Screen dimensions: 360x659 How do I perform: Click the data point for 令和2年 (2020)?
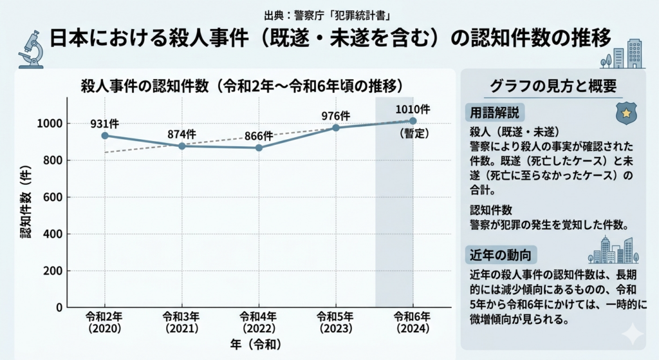[105, 135]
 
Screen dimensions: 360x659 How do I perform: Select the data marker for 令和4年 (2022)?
[259, 147]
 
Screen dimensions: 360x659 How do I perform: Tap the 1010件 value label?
[413, 109]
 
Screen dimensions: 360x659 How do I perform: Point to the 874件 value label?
[181, 134]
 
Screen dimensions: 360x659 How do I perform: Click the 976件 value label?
[336, 116]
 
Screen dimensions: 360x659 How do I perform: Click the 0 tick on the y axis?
[59, 308]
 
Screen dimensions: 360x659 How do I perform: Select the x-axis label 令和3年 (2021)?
[181, 321]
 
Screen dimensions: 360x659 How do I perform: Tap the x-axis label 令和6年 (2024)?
[413, 321]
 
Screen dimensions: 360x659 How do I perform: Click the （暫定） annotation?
[413, 133]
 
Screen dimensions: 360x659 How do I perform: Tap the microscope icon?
[29, 49]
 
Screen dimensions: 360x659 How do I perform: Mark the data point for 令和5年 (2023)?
[336, 128]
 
